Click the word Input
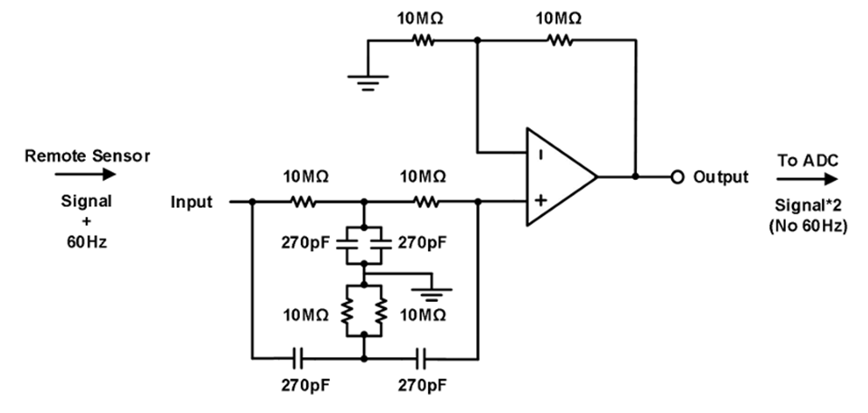pos(191,202)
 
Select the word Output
pos(721,176)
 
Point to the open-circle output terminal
pos(676,176)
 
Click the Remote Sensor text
pos(88,155)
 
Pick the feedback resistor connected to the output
pos(557,40)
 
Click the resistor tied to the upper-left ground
pos(421,40)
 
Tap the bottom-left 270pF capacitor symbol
pos(301,358)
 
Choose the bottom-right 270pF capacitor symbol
pos(422,358)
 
